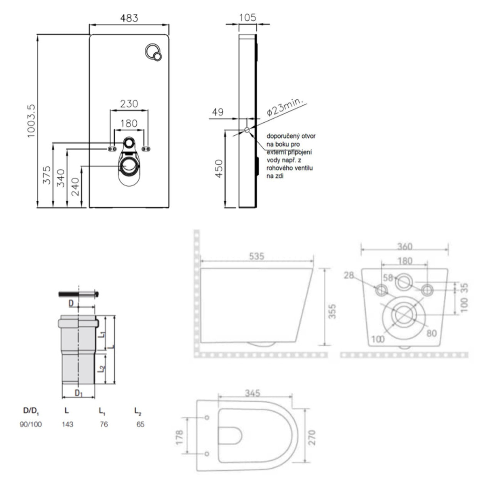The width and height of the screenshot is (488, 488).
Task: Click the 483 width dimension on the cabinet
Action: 129,18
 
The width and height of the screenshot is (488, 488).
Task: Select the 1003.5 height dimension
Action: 31,121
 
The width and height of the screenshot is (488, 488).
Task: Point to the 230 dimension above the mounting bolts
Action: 129,104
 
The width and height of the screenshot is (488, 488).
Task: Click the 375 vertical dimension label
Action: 47,175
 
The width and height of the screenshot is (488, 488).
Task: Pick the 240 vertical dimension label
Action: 76,187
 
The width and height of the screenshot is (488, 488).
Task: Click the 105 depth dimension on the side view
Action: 247,17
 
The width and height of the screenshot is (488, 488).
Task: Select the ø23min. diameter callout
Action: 285,107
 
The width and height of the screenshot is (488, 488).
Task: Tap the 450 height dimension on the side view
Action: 219,169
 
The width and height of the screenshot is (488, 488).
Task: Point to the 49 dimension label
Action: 217,112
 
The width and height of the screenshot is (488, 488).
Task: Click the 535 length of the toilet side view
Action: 256,256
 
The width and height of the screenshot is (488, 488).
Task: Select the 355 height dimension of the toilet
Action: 333,311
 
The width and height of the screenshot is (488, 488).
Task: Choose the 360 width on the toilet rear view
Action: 404,246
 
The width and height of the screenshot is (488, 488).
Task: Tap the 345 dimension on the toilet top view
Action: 252,393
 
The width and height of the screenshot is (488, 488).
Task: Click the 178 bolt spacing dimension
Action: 179,437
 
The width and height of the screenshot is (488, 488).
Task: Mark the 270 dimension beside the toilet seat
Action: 312,438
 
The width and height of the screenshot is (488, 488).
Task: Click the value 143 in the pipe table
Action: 67,424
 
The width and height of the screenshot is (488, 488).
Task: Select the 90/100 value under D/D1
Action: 31,424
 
